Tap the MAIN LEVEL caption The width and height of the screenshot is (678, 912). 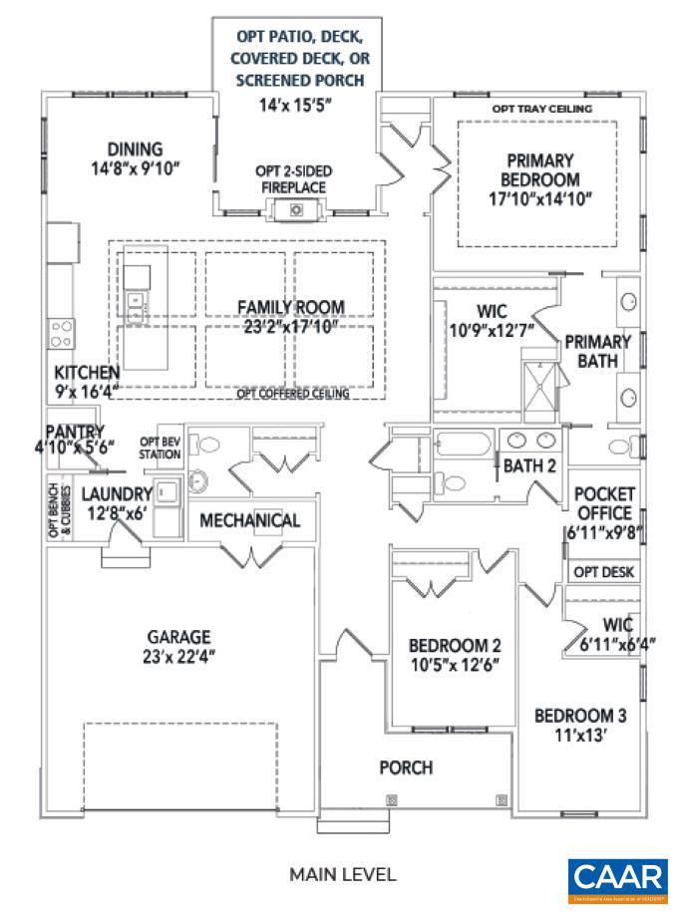tap(342, 875)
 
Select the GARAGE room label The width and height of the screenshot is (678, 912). tap(178, 636)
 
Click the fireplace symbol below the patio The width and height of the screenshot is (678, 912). tap(295, 209)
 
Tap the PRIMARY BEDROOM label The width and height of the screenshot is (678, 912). tap(541, 169)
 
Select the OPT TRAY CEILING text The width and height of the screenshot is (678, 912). tap(542, 109)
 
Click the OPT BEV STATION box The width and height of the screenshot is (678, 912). tap(161, 448)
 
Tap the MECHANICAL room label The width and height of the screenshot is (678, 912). tap(249, 520)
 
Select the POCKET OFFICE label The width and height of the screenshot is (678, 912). tap(604, 502)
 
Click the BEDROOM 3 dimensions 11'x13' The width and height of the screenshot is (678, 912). tap(580, 736)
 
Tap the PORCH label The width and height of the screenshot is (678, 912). tap(406, 767)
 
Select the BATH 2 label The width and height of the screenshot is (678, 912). tap(529, 464)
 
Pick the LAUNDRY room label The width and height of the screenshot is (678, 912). tap(117, 493)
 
